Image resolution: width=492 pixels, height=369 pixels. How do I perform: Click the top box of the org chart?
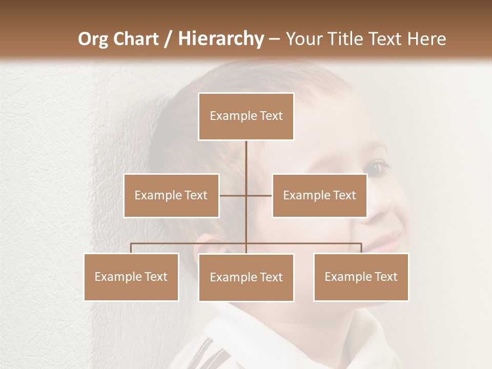coord(246,116)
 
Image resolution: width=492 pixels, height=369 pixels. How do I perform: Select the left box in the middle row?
coord(171,195)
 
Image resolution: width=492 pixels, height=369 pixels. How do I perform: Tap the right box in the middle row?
coord(319,195)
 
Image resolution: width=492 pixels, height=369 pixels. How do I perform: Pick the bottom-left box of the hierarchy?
coord(131,277)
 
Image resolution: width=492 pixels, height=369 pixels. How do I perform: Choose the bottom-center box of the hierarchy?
coord(246,277)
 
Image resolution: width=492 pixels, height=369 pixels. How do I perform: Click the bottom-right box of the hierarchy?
coord(361,277)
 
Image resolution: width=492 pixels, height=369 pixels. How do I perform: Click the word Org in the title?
coord(93,39)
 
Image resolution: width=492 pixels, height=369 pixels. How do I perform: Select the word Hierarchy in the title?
coord(220,39)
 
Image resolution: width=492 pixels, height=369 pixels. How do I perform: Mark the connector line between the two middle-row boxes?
coord(246,195)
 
